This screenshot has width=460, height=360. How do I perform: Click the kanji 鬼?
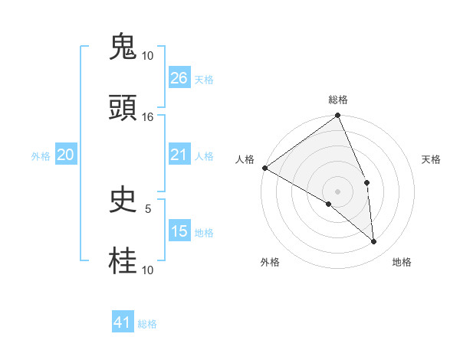(123, 48)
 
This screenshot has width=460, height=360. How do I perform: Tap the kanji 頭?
(123, 109)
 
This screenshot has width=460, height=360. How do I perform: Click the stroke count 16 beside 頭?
(148, 117)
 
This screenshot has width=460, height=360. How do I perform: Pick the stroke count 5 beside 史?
(148, 208)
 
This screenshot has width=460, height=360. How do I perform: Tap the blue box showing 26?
(179, 78)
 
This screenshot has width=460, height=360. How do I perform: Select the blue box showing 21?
(179, 155)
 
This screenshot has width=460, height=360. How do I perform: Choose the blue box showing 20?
(66, 155)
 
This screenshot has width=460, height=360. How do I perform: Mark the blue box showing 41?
(123, 323)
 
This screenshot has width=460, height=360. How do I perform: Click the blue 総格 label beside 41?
(147, 324)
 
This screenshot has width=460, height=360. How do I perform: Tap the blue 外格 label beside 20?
(41, 156)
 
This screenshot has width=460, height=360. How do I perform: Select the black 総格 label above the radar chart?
(338, 100)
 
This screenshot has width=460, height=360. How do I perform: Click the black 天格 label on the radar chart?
(432, 159)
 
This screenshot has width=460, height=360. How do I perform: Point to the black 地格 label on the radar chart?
(402, 262)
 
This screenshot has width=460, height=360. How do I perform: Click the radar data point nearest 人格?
(264, 168)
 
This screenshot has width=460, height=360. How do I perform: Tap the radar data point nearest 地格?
(374, 242)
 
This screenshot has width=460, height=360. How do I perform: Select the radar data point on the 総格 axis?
(338, 116)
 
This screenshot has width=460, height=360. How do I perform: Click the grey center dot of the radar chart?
(338, 191)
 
